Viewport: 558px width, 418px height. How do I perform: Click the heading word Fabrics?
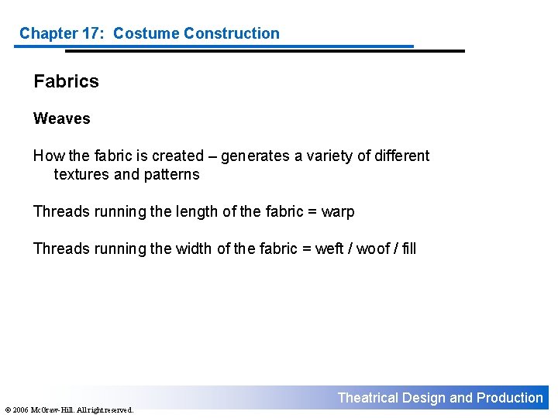pyautogui.click(x=66, y=81)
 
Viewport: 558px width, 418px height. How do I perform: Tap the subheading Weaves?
pyautogui.click(x=61, y=118)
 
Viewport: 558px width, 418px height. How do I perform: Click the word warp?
pyautogui.click(x=338, y=211)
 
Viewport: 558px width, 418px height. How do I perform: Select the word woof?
pyautogui.click(x=373, y=248)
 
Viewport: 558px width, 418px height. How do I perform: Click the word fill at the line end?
pyautogui.click(x=408, y=248)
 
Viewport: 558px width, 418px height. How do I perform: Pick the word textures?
pyautogui.click(x=81, y=174)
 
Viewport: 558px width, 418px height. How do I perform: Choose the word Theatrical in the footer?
pyautogui.click(x=367, y=398)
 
